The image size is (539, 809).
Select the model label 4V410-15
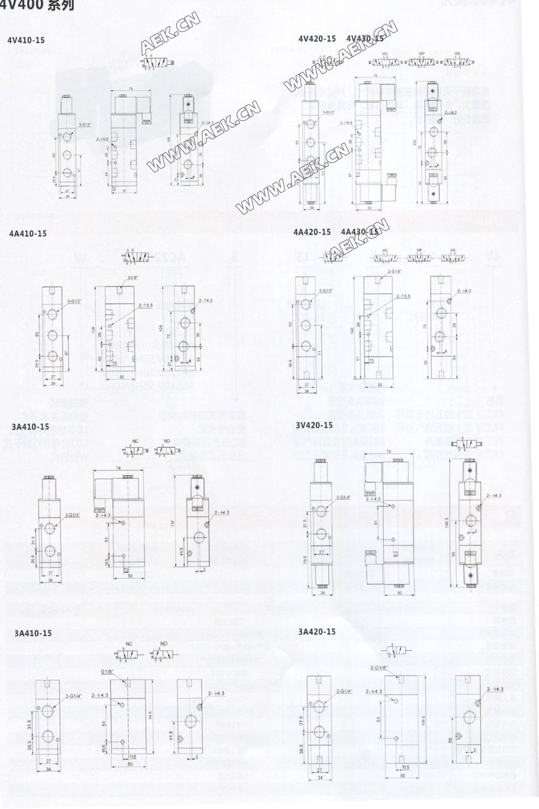coord(26,40)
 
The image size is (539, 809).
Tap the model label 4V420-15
coord(317,38)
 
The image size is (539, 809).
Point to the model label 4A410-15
coord(28,234)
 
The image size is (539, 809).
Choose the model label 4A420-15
coord(312,232)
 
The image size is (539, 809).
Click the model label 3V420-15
coord(314,425)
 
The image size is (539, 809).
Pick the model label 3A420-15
coord(317,632)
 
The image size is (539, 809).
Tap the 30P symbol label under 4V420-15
coord(421,54)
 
